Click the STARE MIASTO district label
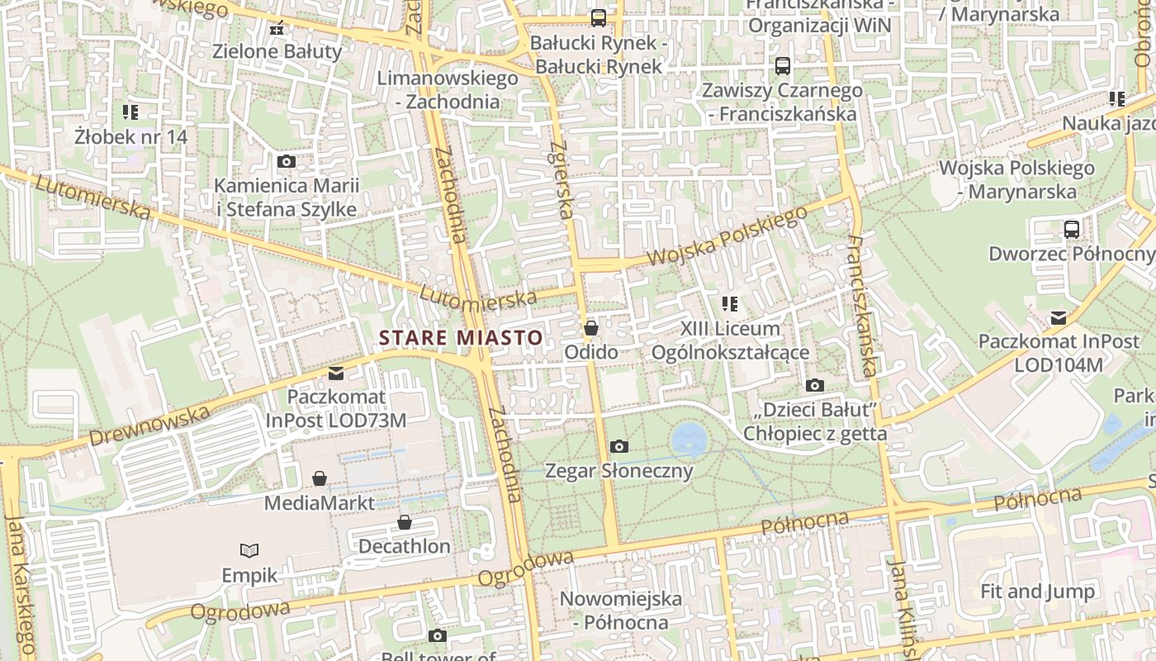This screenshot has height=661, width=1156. tap(461, 337)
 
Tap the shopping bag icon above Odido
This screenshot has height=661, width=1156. tap(590, 328)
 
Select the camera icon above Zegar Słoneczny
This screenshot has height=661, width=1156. tap(618, 447)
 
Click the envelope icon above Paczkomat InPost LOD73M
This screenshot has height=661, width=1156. tap(335, 373)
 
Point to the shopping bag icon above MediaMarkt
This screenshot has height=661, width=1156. tap(320, 478)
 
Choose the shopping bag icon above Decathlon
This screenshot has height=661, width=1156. tap(404, 522)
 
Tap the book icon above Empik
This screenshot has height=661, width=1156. tap(249, 550)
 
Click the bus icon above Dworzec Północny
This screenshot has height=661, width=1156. tap(1071, 230)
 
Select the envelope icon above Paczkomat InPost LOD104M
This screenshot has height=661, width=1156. tap(1058, 317)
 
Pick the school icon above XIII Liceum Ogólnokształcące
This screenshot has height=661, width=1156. tap(729, 304)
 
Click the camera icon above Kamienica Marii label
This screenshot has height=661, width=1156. tap(287, 161)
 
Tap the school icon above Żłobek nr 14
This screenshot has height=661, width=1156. tap(130, 112)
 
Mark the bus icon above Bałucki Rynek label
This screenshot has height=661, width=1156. tap(598, 17)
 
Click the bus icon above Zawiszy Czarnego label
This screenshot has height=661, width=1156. tap(781, 65)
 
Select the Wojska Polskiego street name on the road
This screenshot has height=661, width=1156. tap(726, 237)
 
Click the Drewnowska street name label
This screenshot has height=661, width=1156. tap(149, 425)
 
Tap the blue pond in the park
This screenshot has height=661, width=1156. tap(688, 438)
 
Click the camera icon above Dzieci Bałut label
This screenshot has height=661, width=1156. tap(814, 385)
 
